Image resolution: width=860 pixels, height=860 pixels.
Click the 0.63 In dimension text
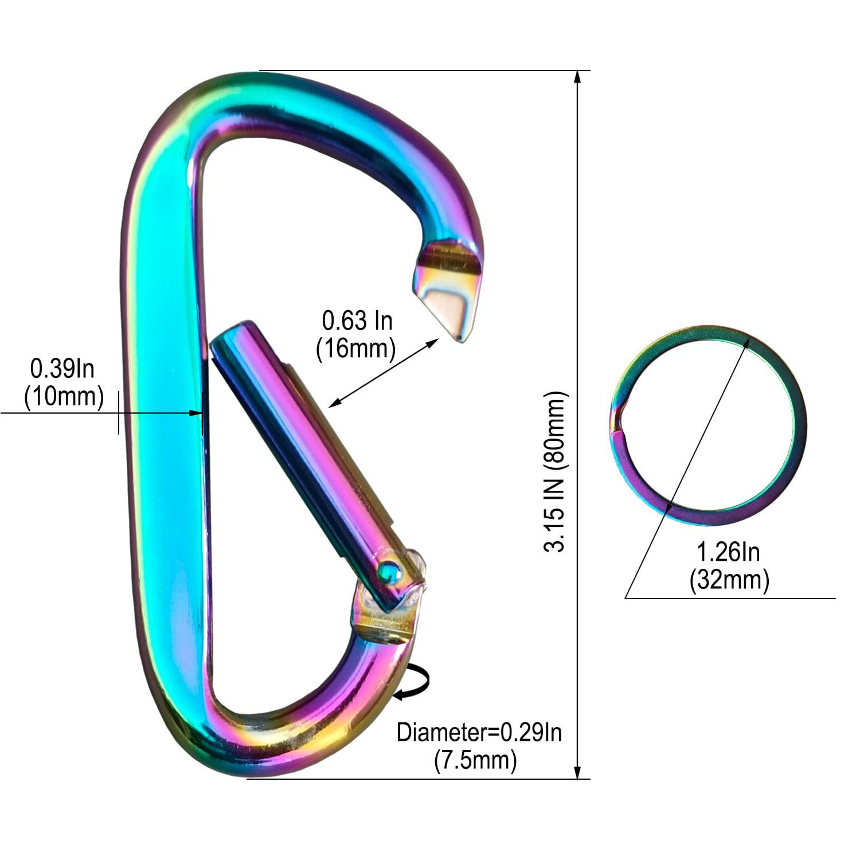click(357, 320)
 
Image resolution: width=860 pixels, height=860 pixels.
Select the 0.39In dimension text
click(62, 369)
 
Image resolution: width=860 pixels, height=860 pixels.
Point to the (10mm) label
click(64, 396)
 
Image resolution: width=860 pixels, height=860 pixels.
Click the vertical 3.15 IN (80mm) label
click(555, 471)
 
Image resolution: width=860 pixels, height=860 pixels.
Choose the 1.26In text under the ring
click(728, 552)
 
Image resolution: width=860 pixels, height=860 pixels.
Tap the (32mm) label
click(729, 580)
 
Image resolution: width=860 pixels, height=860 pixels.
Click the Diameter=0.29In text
click(479, 732)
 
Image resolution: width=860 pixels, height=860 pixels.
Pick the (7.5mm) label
click(476, 760)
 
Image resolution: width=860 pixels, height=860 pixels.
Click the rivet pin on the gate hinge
click(389, 571)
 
